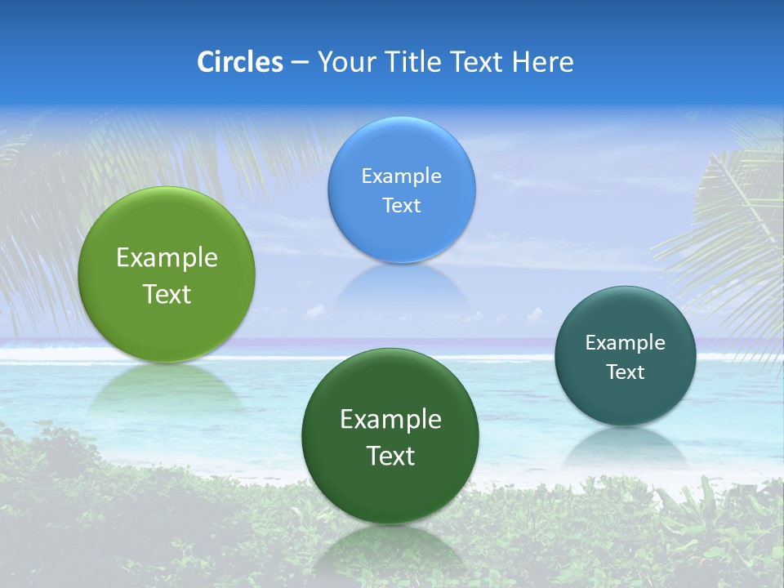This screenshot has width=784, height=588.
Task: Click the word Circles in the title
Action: pyautogui.click(x=239, y=62)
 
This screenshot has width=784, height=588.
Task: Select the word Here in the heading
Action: pyautogui.click(x=542, y=62)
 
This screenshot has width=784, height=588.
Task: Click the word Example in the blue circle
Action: pyautogui.click(x=402, y=176)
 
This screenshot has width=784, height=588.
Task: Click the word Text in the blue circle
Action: pyautogui.click(x=402, y=205)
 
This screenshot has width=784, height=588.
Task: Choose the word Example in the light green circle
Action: pyautogui.click(x=167, y=258)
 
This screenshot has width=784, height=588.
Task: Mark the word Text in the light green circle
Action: pyautogui.click(x=167, y=294)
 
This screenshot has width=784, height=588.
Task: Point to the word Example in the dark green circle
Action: pyautogui.click(x=390, y=420)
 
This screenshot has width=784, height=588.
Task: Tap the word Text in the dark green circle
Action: pyautogui.click(x=390, y=456)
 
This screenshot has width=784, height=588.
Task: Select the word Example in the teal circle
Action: pyautogui.click(x=626, y=343)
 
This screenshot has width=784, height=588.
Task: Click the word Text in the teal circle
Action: pyautogui.click(x=626, y=372)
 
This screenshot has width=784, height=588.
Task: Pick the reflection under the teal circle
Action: pyautogui.click(x=626, y=444)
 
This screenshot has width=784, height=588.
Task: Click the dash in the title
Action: pyautogui.click(x=299, y=63)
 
